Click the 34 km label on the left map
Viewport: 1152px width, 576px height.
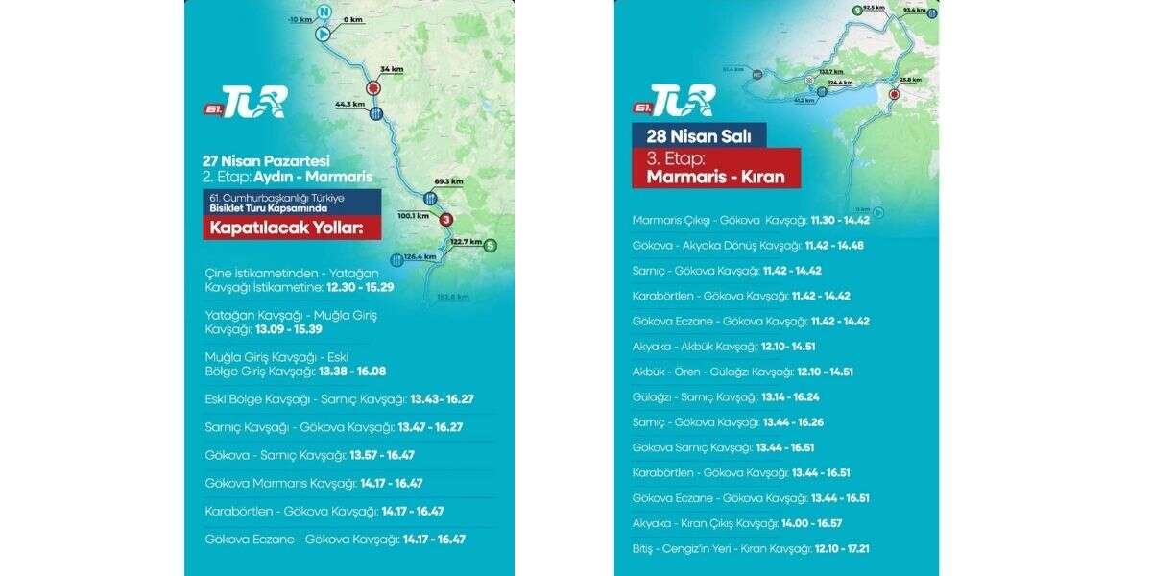(x=392, y=70)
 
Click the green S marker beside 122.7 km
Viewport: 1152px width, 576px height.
(x=491, y=244)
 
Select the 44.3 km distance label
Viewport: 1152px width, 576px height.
(x=350, y=104)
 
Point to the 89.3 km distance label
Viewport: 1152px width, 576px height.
(x=448, y=181)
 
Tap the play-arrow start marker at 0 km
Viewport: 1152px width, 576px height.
(x=324, y=34)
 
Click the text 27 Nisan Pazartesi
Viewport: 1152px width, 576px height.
(x=266, y=160)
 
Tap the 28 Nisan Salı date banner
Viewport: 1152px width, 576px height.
(x=698, y=135)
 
